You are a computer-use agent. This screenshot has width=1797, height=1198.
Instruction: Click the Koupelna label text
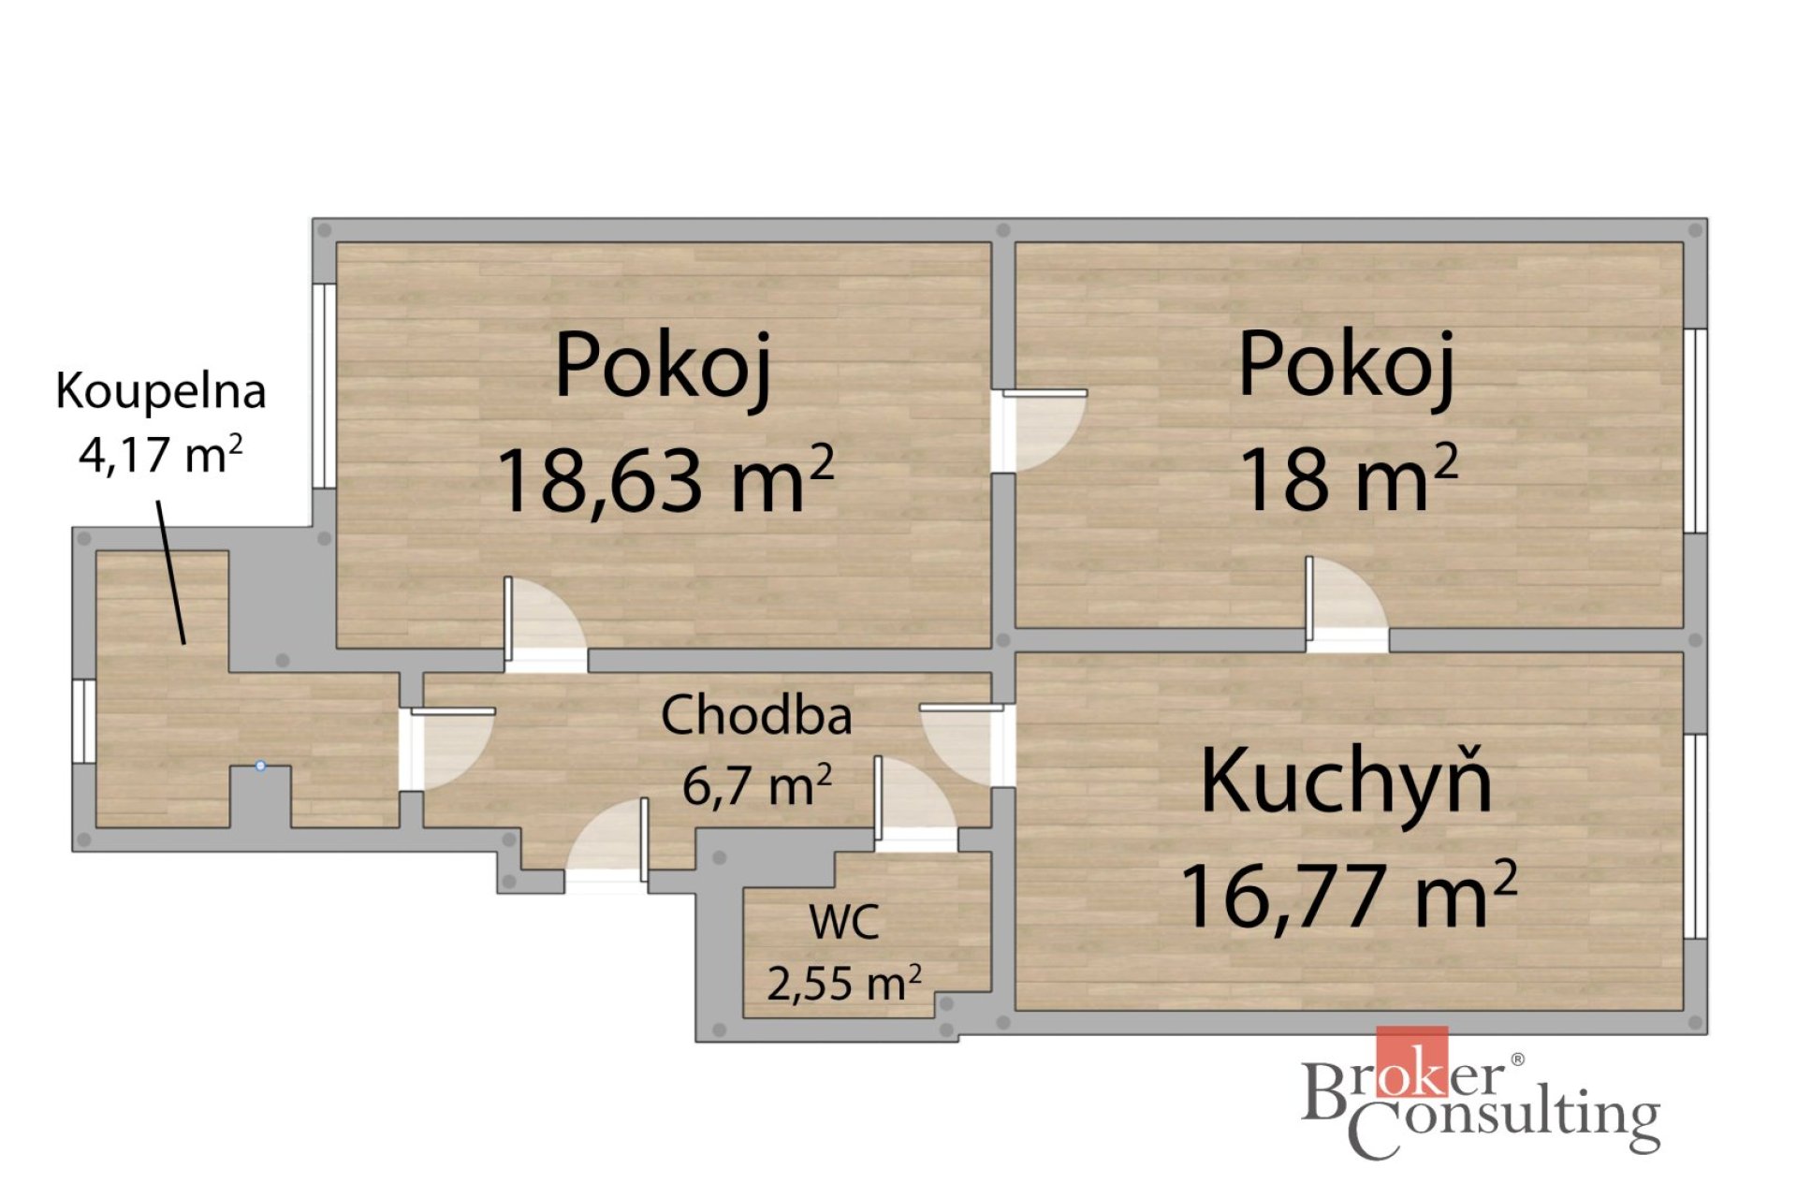[x=161, y=391]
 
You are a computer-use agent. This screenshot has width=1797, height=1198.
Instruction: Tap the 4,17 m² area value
[x=161, y=455]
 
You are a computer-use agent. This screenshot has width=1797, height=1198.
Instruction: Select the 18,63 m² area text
[x=665, y=479]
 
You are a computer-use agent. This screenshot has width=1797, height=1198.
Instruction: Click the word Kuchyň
[x=1346, y=780]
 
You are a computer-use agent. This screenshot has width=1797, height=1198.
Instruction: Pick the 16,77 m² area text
[x=1349, y=894]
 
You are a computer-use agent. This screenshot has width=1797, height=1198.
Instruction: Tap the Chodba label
[x=756, y=716]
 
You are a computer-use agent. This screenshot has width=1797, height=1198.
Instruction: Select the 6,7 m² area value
[x=756, y=784]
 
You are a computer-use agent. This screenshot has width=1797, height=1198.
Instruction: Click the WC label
[x=844, y=922]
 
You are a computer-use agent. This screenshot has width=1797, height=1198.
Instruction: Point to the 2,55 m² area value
[x=844, y=983]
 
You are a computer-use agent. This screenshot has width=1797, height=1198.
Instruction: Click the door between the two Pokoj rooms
[x=1040, y=431]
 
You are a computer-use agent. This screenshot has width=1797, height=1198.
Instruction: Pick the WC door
[x=916, y=804]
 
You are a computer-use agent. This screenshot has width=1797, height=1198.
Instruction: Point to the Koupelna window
[x=84, y=721]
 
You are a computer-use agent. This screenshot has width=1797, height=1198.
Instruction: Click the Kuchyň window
[x=1696, y=837]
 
